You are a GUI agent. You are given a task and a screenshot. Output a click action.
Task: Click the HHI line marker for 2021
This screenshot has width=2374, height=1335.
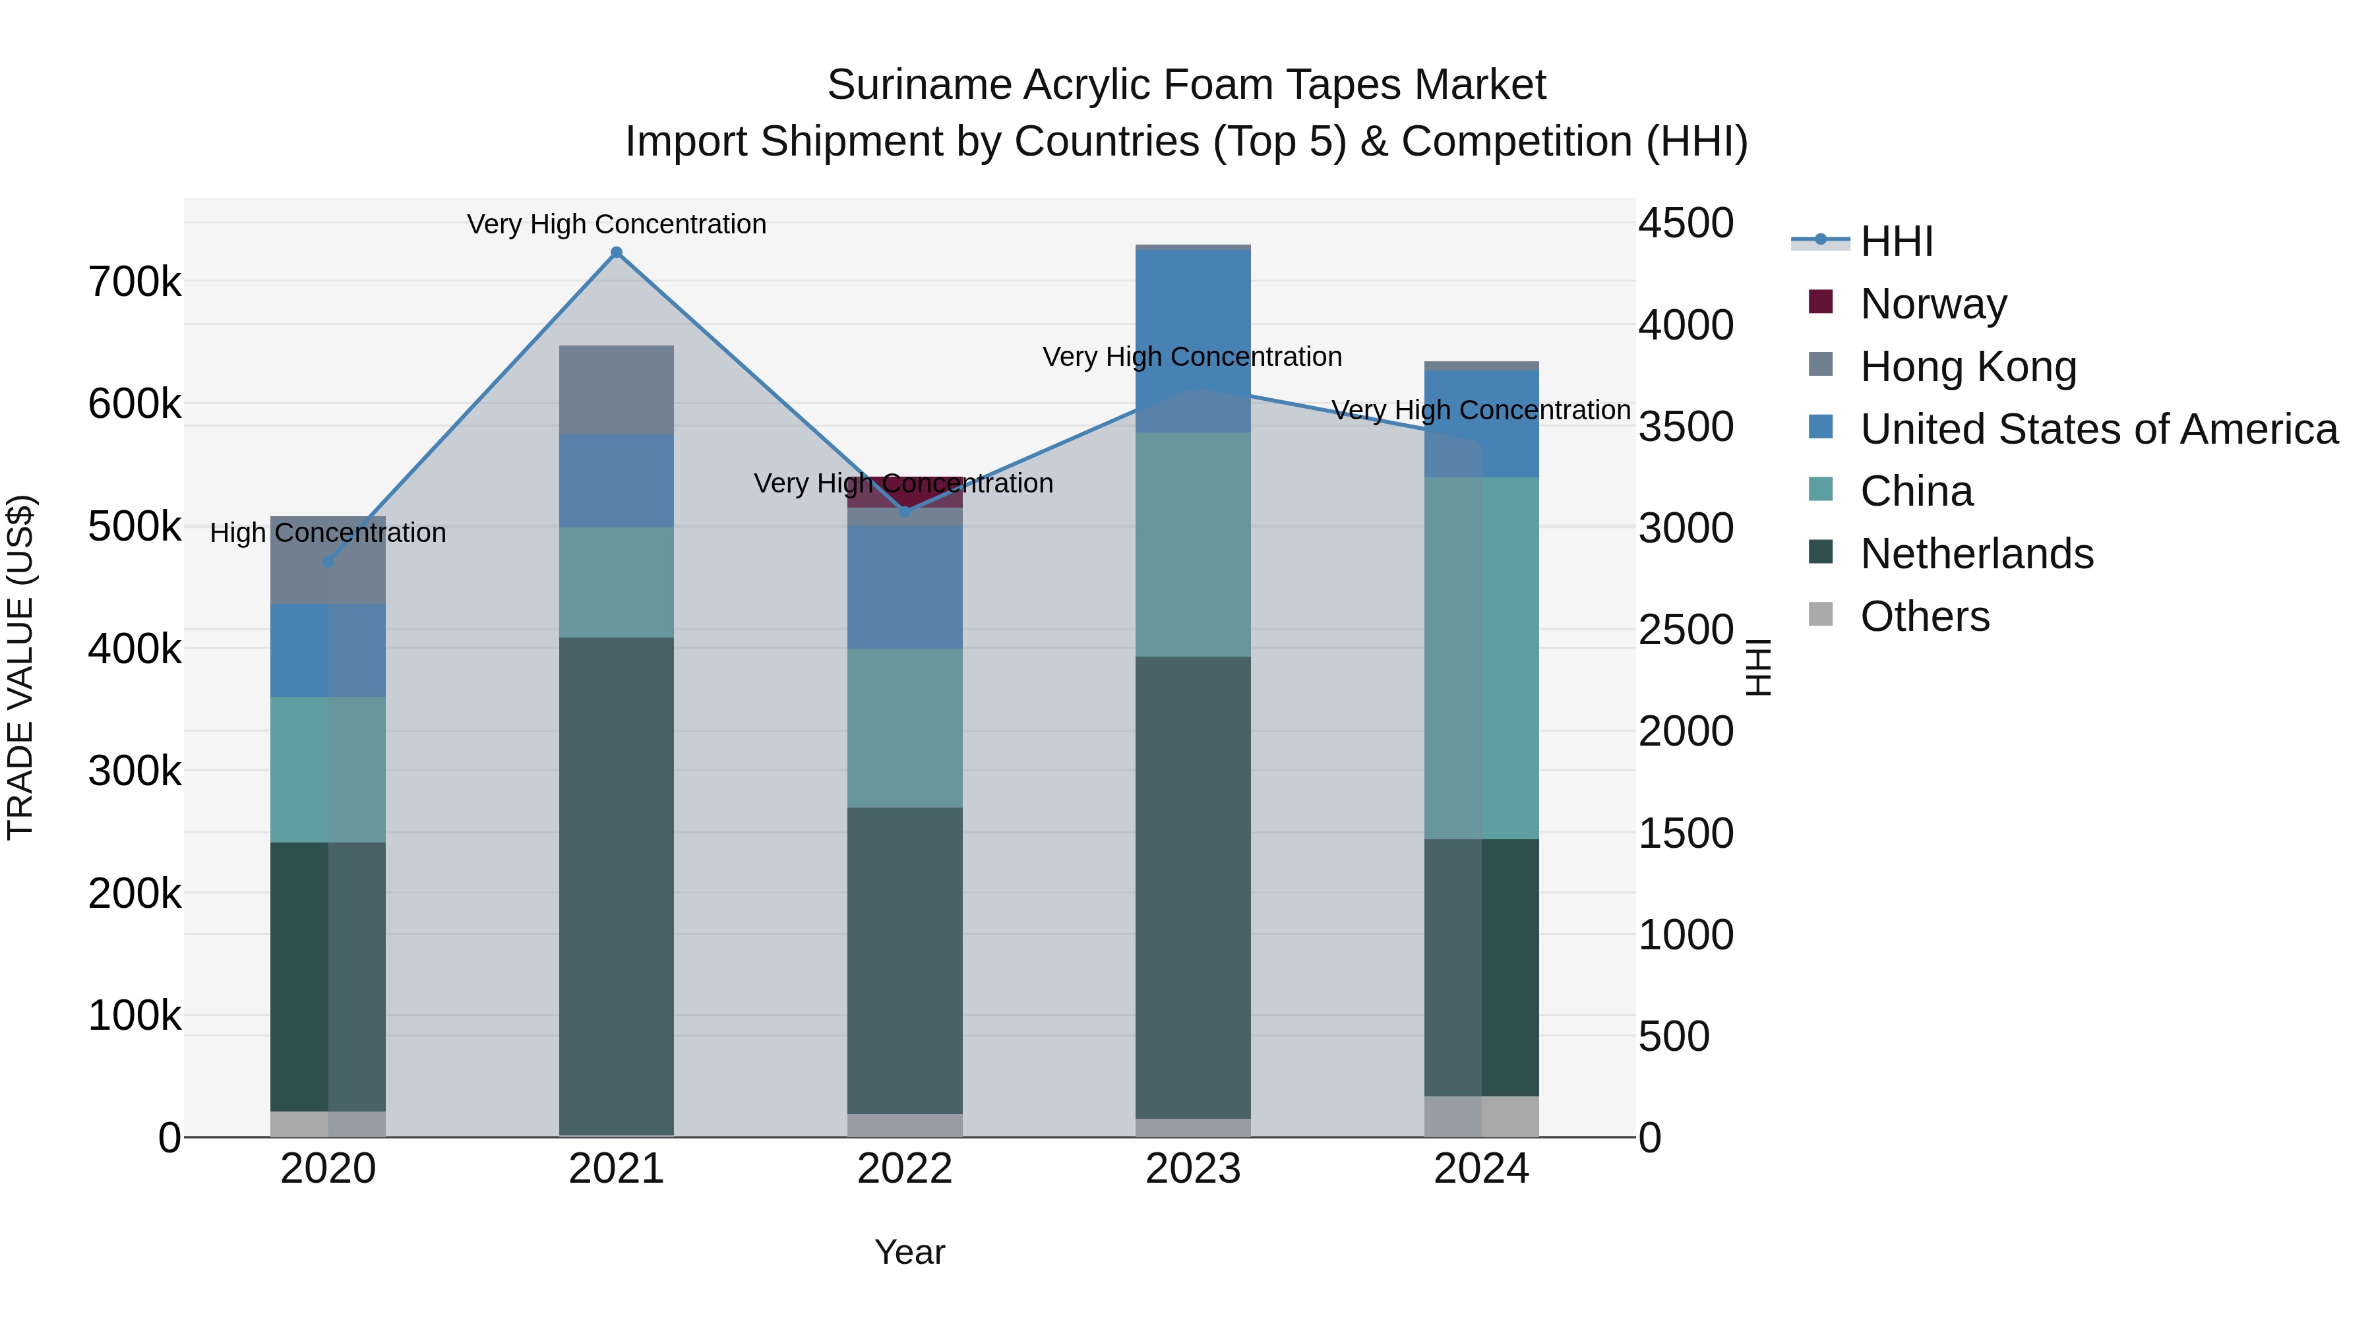617,252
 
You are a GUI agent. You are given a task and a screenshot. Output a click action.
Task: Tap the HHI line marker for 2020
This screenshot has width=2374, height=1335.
328,561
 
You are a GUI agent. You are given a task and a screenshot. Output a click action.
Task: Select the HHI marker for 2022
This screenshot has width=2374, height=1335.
905,512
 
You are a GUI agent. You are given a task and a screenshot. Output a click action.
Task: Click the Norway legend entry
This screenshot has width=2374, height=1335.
1933,304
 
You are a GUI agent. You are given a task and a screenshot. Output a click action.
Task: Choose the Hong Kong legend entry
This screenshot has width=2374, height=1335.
1968,367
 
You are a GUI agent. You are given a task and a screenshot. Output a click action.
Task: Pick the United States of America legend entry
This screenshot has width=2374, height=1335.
2098,429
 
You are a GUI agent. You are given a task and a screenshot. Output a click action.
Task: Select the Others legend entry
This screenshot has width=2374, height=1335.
1924,616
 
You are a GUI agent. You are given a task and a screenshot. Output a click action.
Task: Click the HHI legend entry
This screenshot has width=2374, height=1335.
1896,241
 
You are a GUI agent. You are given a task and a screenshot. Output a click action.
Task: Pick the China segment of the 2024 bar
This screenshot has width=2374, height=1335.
1482,658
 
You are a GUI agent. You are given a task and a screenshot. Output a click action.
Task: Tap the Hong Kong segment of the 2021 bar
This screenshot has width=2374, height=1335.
617,390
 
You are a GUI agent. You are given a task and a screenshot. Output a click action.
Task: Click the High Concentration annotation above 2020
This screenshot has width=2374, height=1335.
328,533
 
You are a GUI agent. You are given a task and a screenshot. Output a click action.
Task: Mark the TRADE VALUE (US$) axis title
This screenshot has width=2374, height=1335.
20,667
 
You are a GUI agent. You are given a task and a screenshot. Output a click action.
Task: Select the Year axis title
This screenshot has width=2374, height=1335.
909,1252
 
